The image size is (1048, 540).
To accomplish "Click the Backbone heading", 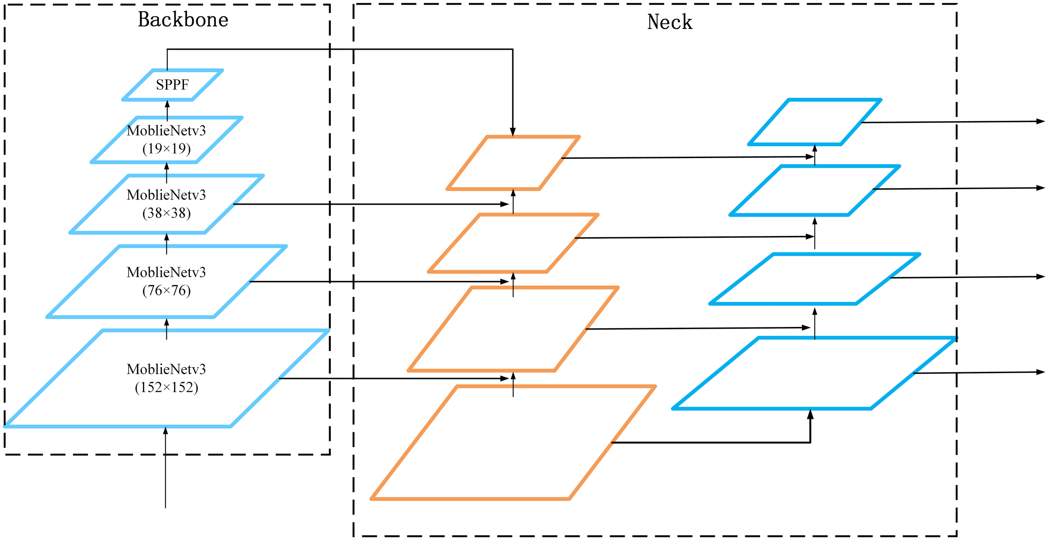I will (183, 20).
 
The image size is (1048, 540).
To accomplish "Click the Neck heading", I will (669, 22).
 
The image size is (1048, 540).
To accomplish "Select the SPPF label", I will (172, 85).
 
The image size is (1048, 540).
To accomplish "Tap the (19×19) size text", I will (166, 148).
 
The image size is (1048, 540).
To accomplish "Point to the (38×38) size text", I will (166, 213).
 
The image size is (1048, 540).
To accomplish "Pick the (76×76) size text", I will (166, 290).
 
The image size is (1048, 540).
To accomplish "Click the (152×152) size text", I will (166, 387).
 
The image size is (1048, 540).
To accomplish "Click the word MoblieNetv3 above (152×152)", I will (166, 369).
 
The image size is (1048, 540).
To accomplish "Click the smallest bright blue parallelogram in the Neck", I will (815, 122).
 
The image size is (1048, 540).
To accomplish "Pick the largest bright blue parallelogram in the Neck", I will (815, 373).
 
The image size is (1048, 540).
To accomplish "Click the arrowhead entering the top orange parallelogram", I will (513, 132).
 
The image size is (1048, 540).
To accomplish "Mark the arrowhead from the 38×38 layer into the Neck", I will (505, 204).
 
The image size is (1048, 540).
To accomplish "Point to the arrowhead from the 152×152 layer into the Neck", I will (505, 378).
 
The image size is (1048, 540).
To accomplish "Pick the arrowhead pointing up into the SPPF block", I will (167, 104).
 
